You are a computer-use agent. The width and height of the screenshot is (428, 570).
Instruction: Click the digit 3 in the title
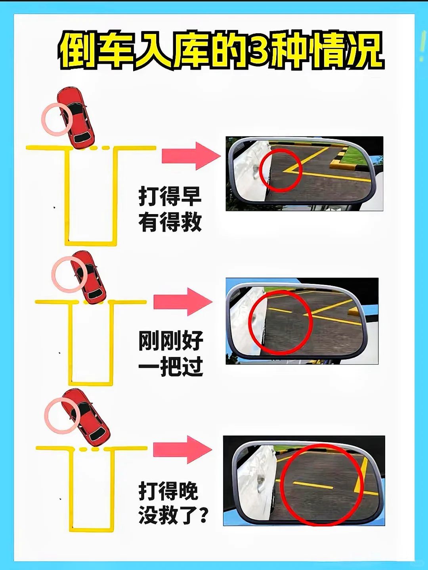click(x=258, y=50)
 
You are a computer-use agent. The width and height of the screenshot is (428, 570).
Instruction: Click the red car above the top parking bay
click(x=76, y=118)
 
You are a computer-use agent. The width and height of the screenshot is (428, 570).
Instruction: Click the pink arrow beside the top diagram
click(x=191, y=156)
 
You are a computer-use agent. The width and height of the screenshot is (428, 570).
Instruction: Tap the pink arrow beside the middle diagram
click(x=183, y=302)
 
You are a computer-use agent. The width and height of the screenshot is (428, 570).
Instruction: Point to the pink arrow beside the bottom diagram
click(x=182, y=449)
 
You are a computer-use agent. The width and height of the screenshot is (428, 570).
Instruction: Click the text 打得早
click(x=170, y=196)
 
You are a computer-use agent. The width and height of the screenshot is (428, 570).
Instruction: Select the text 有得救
click(x=170, y=222)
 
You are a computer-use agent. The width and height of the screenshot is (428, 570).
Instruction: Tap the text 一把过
click(x=170, y=367)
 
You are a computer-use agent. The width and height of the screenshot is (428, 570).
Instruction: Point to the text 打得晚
click(x=168, y=491)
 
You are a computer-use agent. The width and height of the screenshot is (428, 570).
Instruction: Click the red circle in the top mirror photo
click(x=281, y=170)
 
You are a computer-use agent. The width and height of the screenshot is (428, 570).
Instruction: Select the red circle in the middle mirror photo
click(x=281, y=322)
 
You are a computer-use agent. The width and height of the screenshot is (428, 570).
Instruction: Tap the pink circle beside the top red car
click(x=57, y=119)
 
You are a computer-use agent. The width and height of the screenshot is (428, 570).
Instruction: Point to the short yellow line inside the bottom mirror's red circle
click(x=313, y=485)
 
